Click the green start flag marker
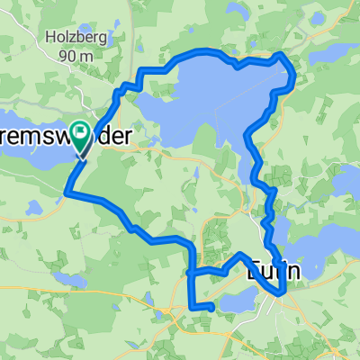80,135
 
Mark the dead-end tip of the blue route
211,308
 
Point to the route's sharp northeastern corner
283,55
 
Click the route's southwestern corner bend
67,191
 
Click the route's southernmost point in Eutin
283,292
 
